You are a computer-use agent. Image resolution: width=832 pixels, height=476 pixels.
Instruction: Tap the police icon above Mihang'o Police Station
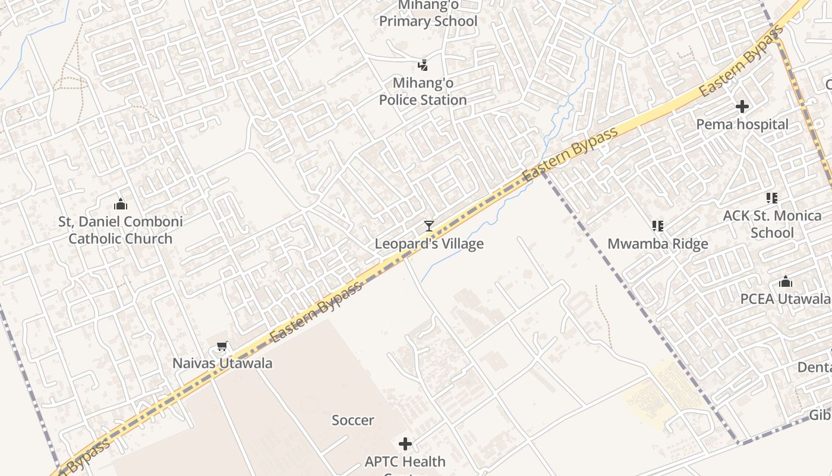pos(423,65)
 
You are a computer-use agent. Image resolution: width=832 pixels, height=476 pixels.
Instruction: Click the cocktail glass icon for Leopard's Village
pos(429,226)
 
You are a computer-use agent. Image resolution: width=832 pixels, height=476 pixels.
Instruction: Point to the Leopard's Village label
pos(429,244)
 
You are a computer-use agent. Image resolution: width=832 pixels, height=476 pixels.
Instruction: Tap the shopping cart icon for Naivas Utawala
pos(222,346)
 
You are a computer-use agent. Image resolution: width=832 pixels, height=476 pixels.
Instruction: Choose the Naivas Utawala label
pos(222,364)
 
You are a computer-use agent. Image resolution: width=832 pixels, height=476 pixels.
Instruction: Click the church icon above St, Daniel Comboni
pos(121,204)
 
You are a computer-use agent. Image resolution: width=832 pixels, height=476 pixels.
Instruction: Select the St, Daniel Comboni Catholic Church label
pos(121,230)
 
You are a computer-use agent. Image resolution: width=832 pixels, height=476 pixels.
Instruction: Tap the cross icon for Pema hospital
pos(742,107)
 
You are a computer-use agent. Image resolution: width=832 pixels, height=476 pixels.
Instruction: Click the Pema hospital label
pos(742,125)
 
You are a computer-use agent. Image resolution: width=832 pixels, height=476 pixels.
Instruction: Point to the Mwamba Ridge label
pos(658,244)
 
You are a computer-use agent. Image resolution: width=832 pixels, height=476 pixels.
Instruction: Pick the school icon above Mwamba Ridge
pos(657,226)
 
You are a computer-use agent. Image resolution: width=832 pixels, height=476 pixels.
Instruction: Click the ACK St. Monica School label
pos(772,224)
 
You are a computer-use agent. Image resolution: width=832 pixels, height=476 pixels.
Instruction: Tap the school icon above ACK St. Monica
pos(772,198)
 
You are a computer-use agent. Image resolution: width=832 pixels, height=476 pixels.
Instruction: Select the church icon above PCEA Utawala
pos(786,281)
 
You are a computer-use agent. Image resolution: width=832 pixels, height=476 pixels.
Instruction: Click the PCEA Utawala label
pos(784,299)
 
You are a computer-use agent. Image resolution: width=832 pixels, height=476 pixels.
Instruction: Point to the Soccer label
pos(353,421)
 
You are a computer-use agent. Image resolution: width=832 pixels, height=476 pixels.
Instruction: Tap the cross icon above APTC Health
pos(405,444)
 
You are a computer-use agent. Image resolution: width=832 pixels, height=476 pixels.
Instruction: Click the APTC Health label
pos(405,462)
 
